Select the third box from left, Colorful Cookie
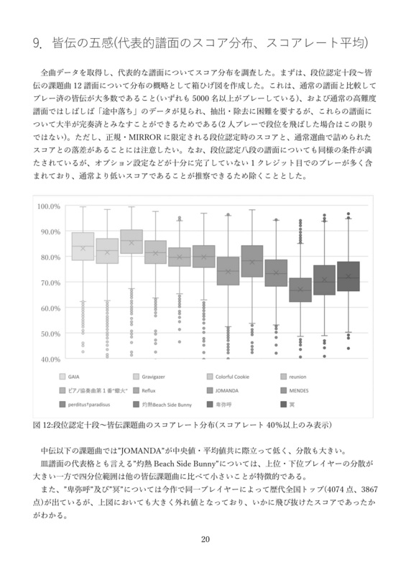click(x=131, y=242)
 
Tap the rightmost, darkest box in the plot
click(x=348, y=276)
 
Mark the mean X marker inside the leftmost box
click(x=83, y=249)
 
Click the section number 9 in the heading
click(x=37, y=44)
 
